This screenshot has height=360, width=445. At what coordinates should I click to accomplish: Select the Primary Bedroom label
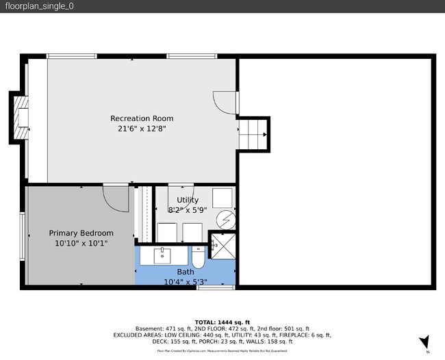tap(81, 233)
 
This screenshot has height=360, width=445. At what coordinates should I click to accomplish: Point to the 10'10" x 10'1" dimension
tap(81, 243)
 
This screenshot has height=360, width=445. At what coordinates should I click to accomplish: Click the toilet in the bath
tap(198, 259)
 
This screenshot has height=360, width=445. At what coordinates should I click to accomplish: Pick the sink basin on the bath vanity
tap(164, 255)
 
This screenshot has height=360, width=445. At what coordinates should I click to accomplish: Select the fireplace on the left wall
tap(20, 118)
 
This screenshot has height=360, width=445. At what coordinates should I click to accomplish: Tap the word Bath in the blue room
tap(186, 272)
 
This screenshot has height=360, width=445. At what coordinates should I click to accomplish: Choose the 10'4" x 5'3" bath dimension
tap(186, 281)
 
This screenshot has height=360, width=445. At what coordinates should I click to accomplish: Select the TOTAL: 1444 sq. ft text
tap(222, 322)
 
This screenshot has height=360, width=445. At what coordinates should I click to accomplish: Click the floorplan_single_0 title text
tap(39, 6)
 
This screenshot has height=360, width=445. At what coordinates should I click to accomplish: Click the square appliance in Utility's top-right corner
tap(222, 197)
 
